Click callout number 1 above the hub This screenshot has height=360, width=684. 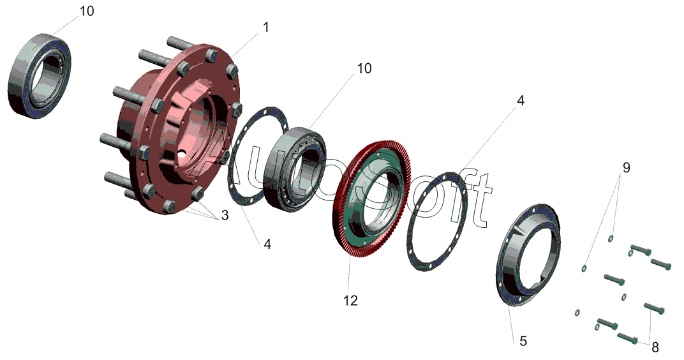[265, 27]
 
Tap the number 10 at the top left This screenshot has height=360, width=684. [87, 11]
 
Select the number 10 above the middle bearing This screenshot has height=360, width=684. [364, 68]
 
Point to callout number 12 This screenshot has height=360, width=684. [350, 299]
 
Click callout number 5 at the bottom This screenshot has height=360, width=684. [523, 341]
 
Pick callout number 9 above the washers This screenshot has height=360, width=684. [626, 167]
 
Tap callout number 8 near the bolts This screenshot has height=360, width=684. [655, 347]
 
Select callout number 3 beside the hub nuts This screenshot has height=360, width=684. [225, 216]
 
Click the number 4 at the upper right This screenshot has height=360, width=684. [521, 101]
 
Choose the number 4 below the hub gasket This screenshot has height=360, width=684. [267, 244]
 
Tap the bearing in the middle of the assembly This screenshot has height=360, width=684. [295, 167]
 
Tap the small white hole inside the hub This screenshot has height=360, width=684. [182, 153]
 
